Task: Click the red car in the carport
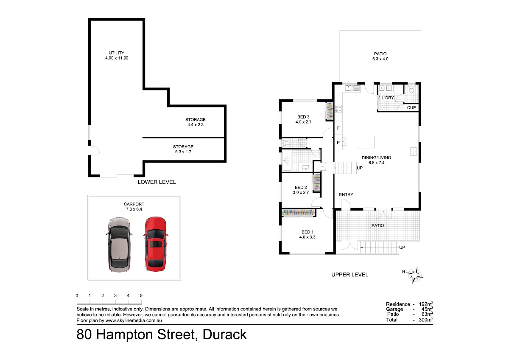pyautogui.click(x=156, y=244)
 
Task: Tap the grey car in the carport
pyautogui.click(x=119, y=245)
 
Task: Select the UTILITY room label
pyautogui.click(x=117, y=53)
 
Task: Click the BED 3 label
pyautogui.click(x=303, y=117)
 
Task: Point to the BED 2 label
pyautogui.click(x=301, y=187)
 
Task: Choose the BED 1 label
pyautogui.click(x=308, y=232)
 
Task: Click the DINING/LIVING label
pyautogui.click(x=376, y=157)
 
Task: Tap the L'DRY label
pyautogui.click(x=388, y=98)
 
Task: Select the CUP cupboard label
pyautogui.click(x=411, y=107)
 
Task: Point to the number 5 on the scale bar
pyautogui.click(x=141, y=295)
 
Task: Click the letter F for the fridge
pyautogui.click(x=338, y=128)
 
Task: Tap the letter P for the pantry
pyautogui.click(x=338, y=143)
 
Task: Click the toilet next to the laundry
pyautogui.click(x=411, y=89)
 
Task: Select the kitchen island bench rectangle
pyautogui.click(x=365, y=142)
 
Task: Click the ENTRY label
pyautogui.click(x=346, y=195)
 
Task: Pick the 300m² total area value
pyautogui.click(x=426, y=320)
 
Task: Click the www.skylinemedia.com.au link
pyautogui.click(x=134, y=321)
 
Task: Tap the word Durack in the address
pyautogui.click(x=224, y=334)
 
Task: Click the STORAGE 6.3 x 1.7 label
pyautogui.click(x=183, y=149)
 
